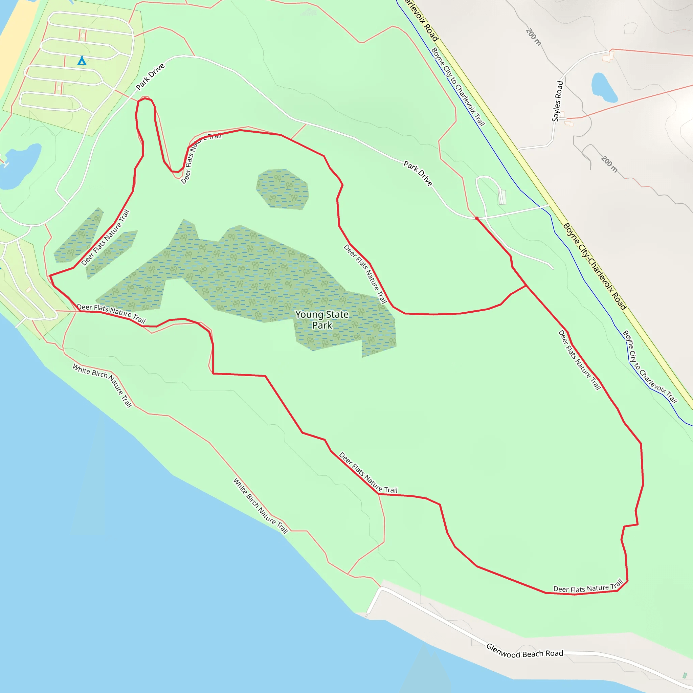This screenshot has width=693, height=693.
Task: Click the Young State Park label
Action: coord(322,319)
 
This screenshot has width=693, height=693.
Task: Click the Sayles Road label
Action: coord(557,101)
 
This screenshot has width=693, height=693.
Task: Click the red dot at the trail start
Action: coord(477,218)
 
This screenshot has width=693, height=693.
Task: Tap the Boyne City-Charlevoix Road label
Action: coord(595,266)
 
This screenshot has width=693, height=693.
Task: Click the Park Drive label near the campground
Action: coord(150,76)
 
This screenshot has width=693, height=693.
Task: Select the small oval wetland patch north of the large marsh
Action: coord(283,189)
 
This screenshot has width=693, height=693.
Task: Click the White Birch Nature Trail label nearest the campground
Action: coord(103,385)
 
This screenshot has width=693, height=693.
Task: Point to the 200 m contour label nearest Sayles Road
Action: coord(609,164)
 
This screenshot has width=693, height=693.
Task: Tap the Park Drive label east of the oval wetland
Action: coord(418,173)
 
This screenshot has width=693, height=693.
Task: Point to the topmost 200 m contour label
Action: coord(533,37)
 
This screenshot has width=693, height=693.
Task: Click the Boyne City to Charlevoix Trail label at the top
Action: coord(458,87)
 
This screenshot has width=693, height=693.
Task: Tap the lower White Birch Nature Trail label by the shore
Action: coord(261,506)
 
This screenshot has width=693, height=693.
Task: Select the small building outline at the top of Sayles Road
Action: coord(608,56)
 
